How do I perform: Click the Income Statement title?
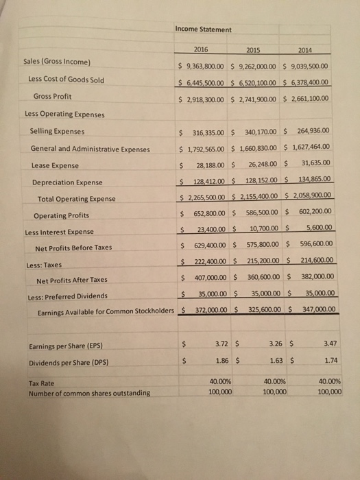pos(203,29)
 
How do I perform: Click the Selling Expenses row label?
pos(58,131)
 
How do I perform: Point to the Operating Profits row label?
pos(60,215)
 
